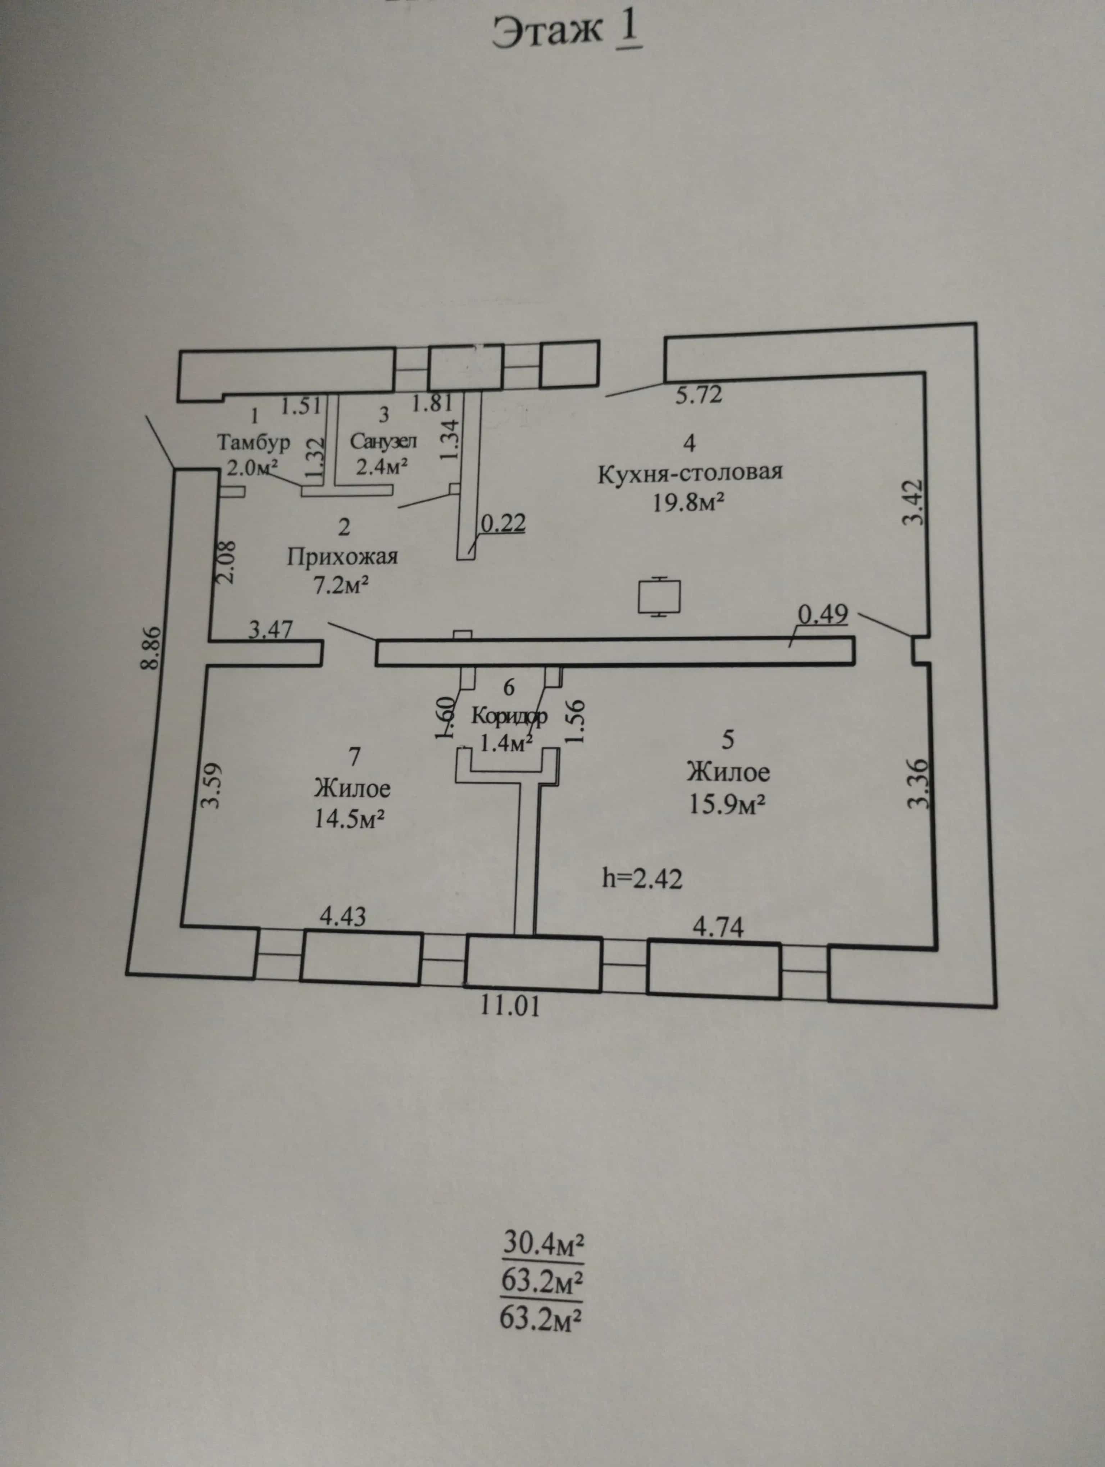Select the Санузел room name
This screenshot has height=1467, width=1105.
click(x=383, y=441)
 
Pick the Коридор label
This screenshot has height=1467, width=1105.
click(x=509, y=716)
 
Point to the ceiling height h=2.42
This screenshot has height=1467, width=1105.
click(x=642, y=879)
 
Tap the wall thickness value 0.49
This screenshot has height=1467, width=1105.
click(x=822, y=615)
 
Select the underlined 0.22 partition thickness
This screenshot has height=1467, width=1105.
click(x=503, y=524)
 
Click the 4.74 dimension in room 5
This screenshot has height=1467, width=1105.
click(x=718, y=927)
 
